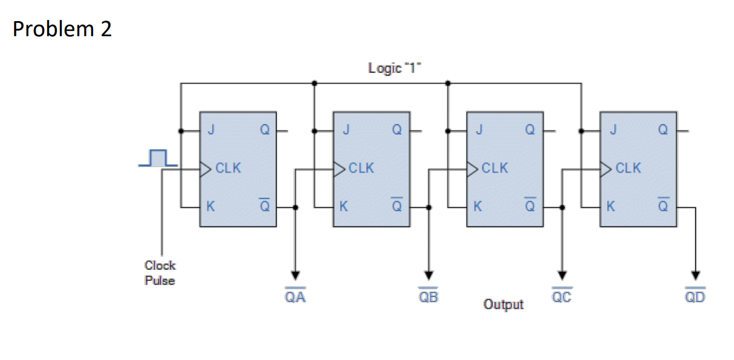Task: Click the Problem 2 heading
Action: tap(62, 29)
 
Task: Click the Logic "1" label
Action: tap(394, 68)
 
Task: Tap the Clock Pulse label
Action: tap(160, 272)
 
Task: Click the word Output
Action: tap(503, 304)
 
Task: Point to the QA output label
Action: tap(295, 297)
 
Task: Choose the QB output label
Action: tap(429, 297)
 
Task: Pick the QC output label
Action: tap(562, 297)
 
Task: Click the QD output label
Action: tap(695, 297)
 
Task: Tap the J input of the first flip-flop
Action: tap(210, 130)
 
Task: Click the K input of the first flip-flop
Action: tap(210, 207)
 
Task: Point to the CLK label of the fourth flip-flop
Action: tap(628, 168)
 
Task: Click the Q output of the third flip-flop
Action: tap(530, 130)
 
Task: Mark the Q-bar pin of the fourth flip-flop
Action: tap(663, 206)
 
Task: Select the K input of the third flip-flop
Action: tap(477, 207)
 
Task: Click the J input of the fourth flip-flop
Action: tap(611, 130)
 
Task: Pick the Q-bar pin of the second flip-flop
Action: tap(396, 206)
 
